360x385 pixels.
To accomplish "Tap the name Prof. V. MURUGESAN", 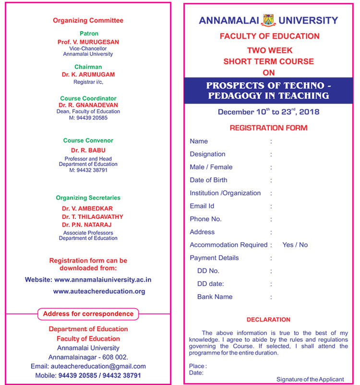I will tap(88, 42).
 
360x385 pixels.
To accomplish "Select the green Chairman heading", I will tap(88, 67).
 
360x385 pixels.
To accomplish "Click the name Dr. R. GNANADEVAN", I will tap(88, 105).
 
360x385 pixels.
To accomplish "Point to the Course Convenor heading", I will tap(88, 141).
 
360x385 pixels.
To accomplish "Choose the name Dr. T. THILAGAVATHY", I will tap(92, 217).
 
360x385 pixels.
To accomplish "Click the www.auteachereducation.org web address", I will tap(99, 291).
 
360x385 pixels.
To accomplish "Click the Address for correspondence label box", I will tap(88, 314).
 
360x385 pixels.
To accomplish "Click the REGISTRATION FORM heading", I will tap(268, 128).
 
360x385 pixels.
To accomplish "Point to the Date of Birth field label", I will tap(208, 180).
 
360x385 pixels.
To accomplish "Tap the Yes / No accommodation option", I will tap(295, 245).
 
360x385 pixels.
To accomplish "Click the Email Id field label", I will tap(202, 206).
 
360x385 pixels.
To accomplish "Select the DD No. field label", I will tap(208, 271).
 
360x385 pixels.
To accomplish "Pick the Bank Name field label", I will tap(215, 297).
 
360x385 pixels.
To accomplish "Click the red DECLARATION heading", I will tap(268, 319).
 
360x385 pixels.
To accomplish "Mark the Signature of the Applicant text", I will tap(310, 379).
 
